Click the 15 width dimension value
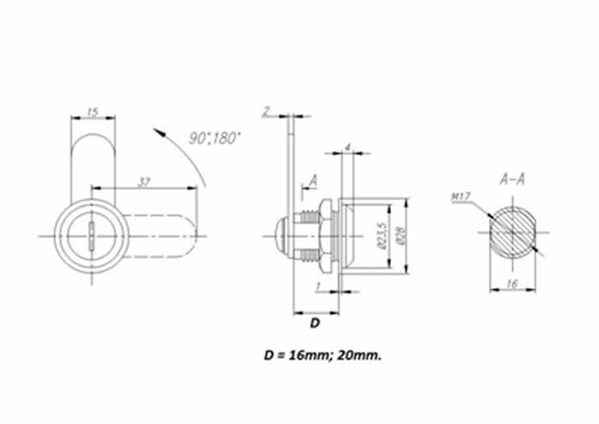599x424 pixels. tap(93, 112)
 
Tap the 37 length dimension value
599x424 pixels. tap(144, 182)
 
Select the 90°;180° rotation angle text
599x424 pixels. tap(215, 138)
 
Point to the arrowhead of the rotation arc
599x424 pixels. tap(159, 132)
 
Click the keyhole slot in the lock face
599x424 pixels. tap(92, 237)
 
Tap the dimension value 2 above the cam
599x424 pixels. tap(266, 111)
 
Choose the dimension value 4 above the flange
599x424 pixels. tap(347, 148)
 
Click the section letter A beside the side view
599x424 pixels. tap(314, 180)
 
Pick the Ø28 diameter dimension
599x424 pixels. tap(400, 236)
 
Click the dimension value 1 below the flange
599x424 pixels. tap(318, 286)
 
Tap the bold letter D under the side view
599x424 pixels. tap(315, 323)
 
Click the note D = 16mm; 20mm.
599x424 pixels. tap(323, 355)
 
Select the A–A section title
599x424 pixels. tap(512, 179)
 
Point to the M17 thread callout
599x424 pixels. tap(461, 197)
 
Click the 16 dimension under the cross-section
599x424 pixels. tap(512, 284)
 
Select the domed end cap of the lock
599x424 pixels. tap(281, 237)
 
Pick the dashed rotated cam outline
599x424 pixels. tap(162, 236)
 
